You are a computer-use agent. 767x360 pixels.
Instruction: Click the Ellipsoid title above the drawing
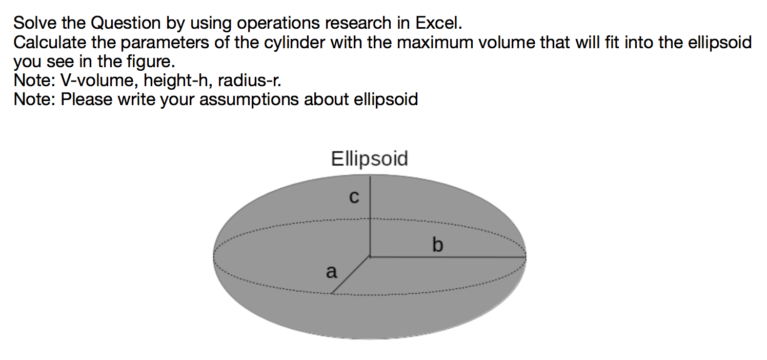point(370,158)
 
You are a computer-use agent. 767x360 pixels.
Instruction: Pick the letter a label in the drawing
point(332,271)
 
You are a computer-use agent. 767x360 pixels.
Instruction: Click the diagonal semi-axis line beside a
point(351,275)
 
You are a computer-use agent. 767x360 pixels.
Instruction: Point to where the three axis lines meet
point(370,256)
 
